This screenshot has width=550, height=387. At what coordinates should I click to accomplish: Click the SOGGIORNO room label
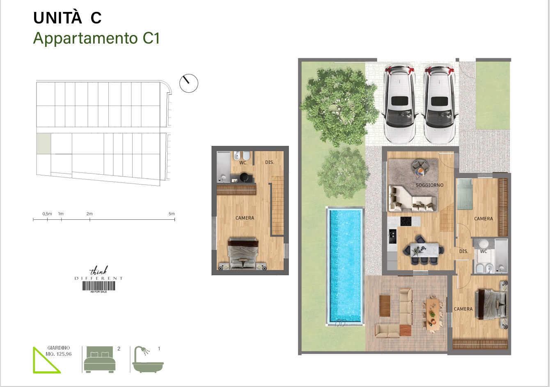[429, 185]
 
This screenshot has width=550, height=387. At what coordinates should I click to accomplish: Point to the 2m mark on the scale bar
[89, 219]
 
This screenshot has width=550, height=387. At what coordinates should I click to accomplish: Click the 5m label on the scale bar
[172, 214]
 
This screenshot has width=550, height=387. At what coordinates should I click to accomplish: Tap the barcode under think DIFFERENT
[99, 286]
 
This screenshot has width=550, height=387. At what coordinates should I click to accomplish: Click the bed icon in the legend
[99, 359]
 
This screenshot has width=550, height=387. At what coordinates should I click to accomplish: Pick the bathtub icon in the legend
[148, 359]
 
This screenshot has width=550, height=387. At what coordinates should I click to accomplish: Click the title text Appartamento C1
[96, 38]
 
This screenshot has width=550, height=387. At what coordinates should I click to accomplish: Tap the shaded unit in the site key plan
[44, 144]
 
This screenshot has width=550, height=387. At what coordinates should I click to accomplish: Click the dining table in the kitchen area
[424, 250]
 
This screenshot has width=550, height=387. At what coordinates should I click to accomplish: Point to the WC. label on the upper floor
[243, 163]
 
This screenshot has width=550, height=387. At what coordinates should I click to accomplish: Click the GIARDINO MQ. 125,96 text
[58, 351]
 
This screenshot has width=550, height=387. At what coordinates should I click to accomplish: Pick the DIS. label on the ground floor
[463, 251]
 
